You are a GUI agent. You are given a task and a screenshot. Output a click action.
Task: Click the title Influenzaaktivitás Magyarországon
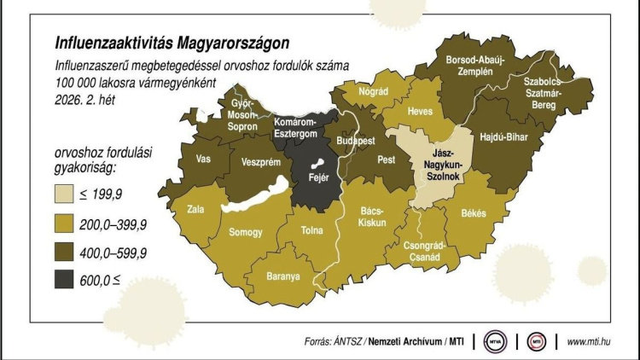[x=172, y=42]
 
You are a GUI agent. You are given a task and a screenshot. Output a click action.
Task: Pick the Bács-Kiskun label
[x=372, y=215]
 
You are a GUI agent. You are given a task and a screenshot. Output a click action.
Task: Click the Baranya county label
[x=282, y=276]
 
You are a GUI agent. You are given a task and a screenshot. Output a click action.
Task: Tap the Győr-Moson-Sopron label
[x=242, y=114]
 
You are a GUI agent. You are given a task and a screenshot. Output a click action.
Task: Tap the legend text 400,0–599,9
[x=119, y=252]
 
